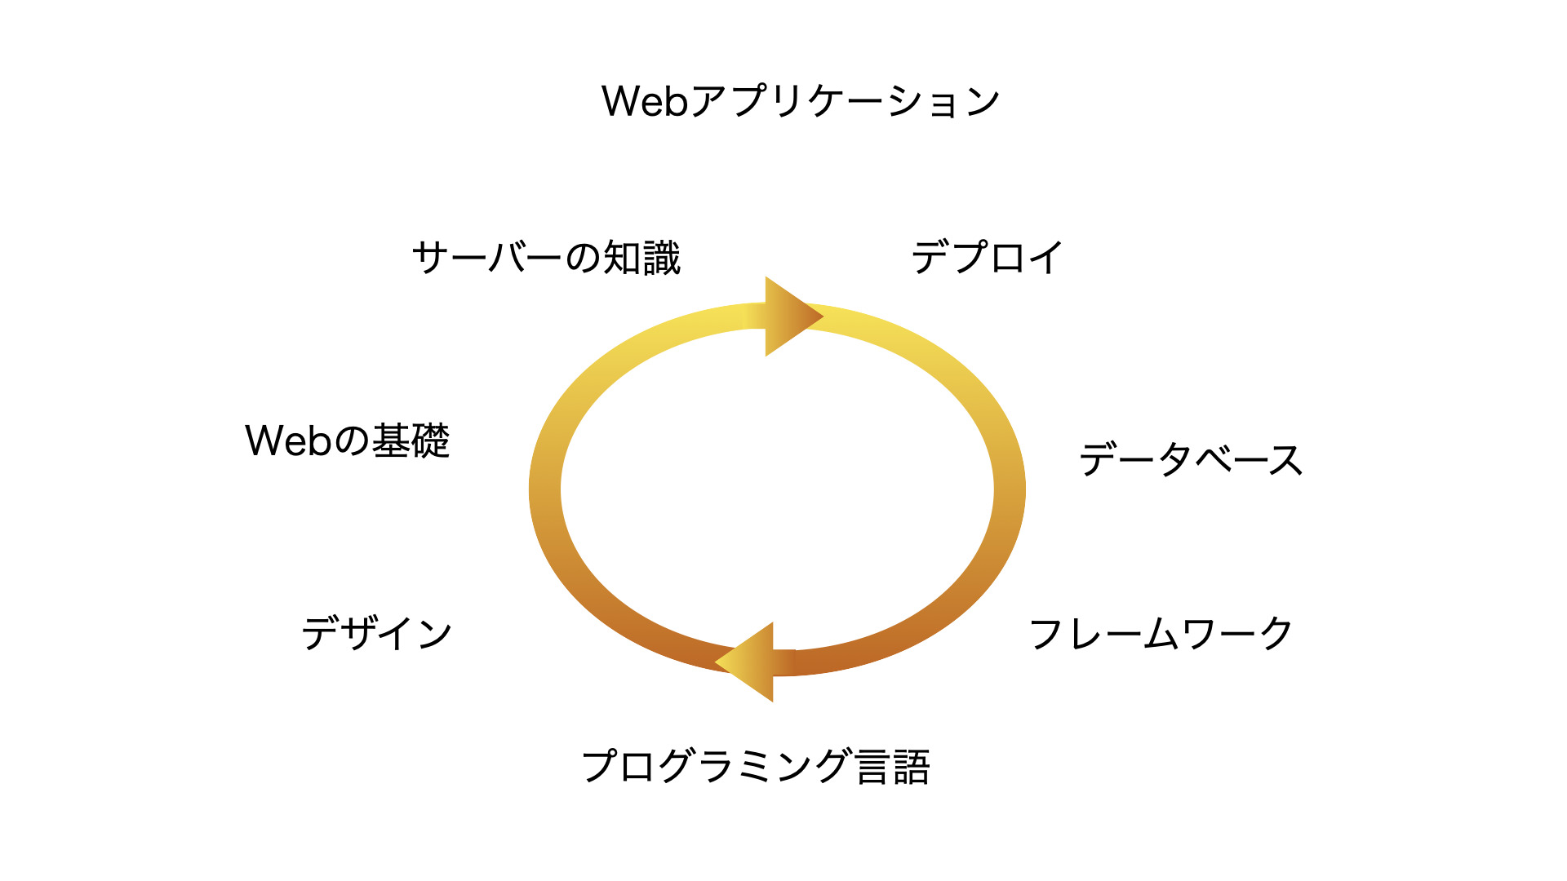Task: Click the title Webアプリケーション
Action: click(801, 101)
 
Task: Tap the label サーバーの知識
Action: click(546, 258)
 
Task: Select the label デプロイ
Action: click(987, 258)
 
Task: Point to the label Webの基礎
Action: click(348, 440)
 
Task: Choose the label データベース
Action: click(1191, 459)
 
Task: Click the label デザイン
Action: click(377, 634)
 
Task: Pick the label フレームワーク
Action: click(1161, 634)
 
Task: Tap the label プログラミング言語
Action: click(756, 767)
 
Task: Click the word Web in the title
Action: click(645, 101)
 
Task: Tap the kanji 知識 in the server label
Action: click(641, 258)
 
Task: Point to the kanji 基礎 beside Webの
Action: click(411, 440)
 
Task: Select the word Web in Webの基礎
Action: click(288, 440)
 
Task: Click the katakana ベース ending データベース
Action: click(1249, 459)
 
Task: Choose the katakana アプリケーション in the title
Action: click(846, 101)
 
